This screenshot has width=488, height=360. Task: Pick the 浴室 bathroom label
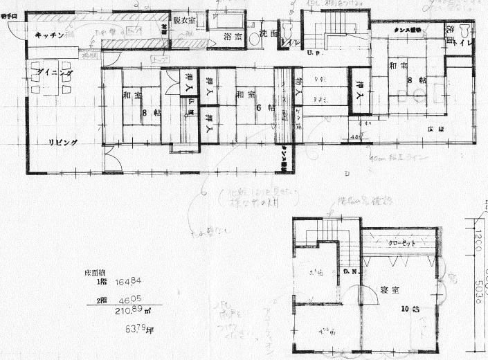[232, 37]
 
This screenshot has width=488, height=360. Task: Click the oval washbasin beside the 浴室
[255, 40]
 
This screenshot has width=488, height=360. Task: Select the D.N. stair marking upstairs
[350, 271]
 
